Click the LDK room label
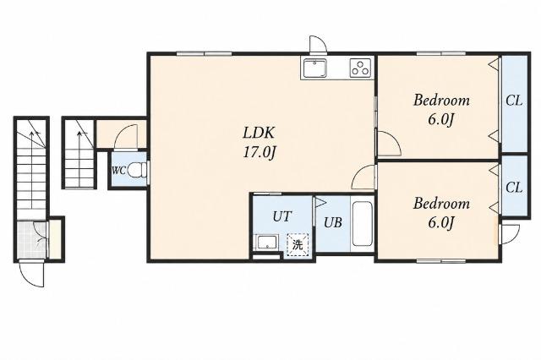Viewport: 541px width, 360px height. pyautogui.click(x=259, y=133)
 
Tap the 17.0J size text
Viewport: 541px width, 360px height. pyautogui.click(x=259, y=152)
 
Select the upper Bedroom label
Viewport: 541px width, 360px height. pyautogui.click(x=441, y=101)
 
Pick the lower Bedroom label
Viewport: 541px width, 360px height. pyautogui.click(x=441, y=204)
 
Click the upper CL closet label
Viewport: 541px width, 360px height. pyautogui.click(x=514, y=101)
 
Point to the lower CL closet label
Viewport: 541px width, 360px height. pyautogui.click(x=514, y=188)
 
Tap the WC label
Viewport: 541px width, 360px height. pyautogui.click(x=118, y=171)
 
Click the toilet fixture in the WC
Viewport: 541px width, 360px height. pyautogui.click(x=137, y=170)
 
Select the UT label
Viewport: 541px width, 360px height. pyautogui.click(x=281, y=216)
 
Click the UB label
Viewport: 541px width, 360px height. pyautogui.click(x=332, y=223)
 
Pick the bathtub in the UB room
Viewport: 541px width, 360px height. pyautogui.click(x=362, y=224)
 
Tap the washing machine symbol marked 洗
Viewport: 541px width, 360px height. pyautogui.click(x=298, y=245)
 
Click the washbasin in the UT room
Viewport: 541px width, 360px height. pyautogui.click(x=267, y=243)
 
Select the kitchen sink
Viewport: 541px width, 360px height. pyautogui.click(x=315, y=68)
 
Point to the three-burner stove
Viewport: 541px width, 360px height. pyautogui.click(x=361, y=68)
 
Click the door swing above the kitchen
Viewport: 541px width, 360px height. pyautogui.click(x=318, y=44)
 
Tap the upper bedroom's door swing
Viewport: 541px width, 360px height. pyautogui.click(x=389, y=144)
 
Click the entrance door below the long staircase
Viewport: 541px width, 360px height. pyautogui.click(x=32, y=274)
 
